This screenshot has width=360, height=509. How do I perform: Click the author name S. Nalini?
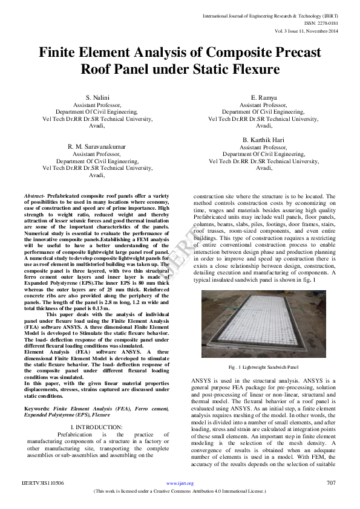click(97, 98)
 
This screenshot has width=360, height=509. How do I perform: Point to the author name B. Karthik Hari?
click(263, 140)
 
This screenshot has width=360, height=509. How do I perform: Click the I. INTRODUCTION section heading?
click(97, 427)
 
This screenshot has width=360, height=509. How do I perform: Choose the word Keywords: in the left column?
click(38, 409)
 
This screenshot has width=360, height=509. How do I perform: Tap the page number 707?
click(330, 483)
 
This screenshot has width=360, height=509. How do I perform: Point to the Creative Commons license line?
click(180, 492)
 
